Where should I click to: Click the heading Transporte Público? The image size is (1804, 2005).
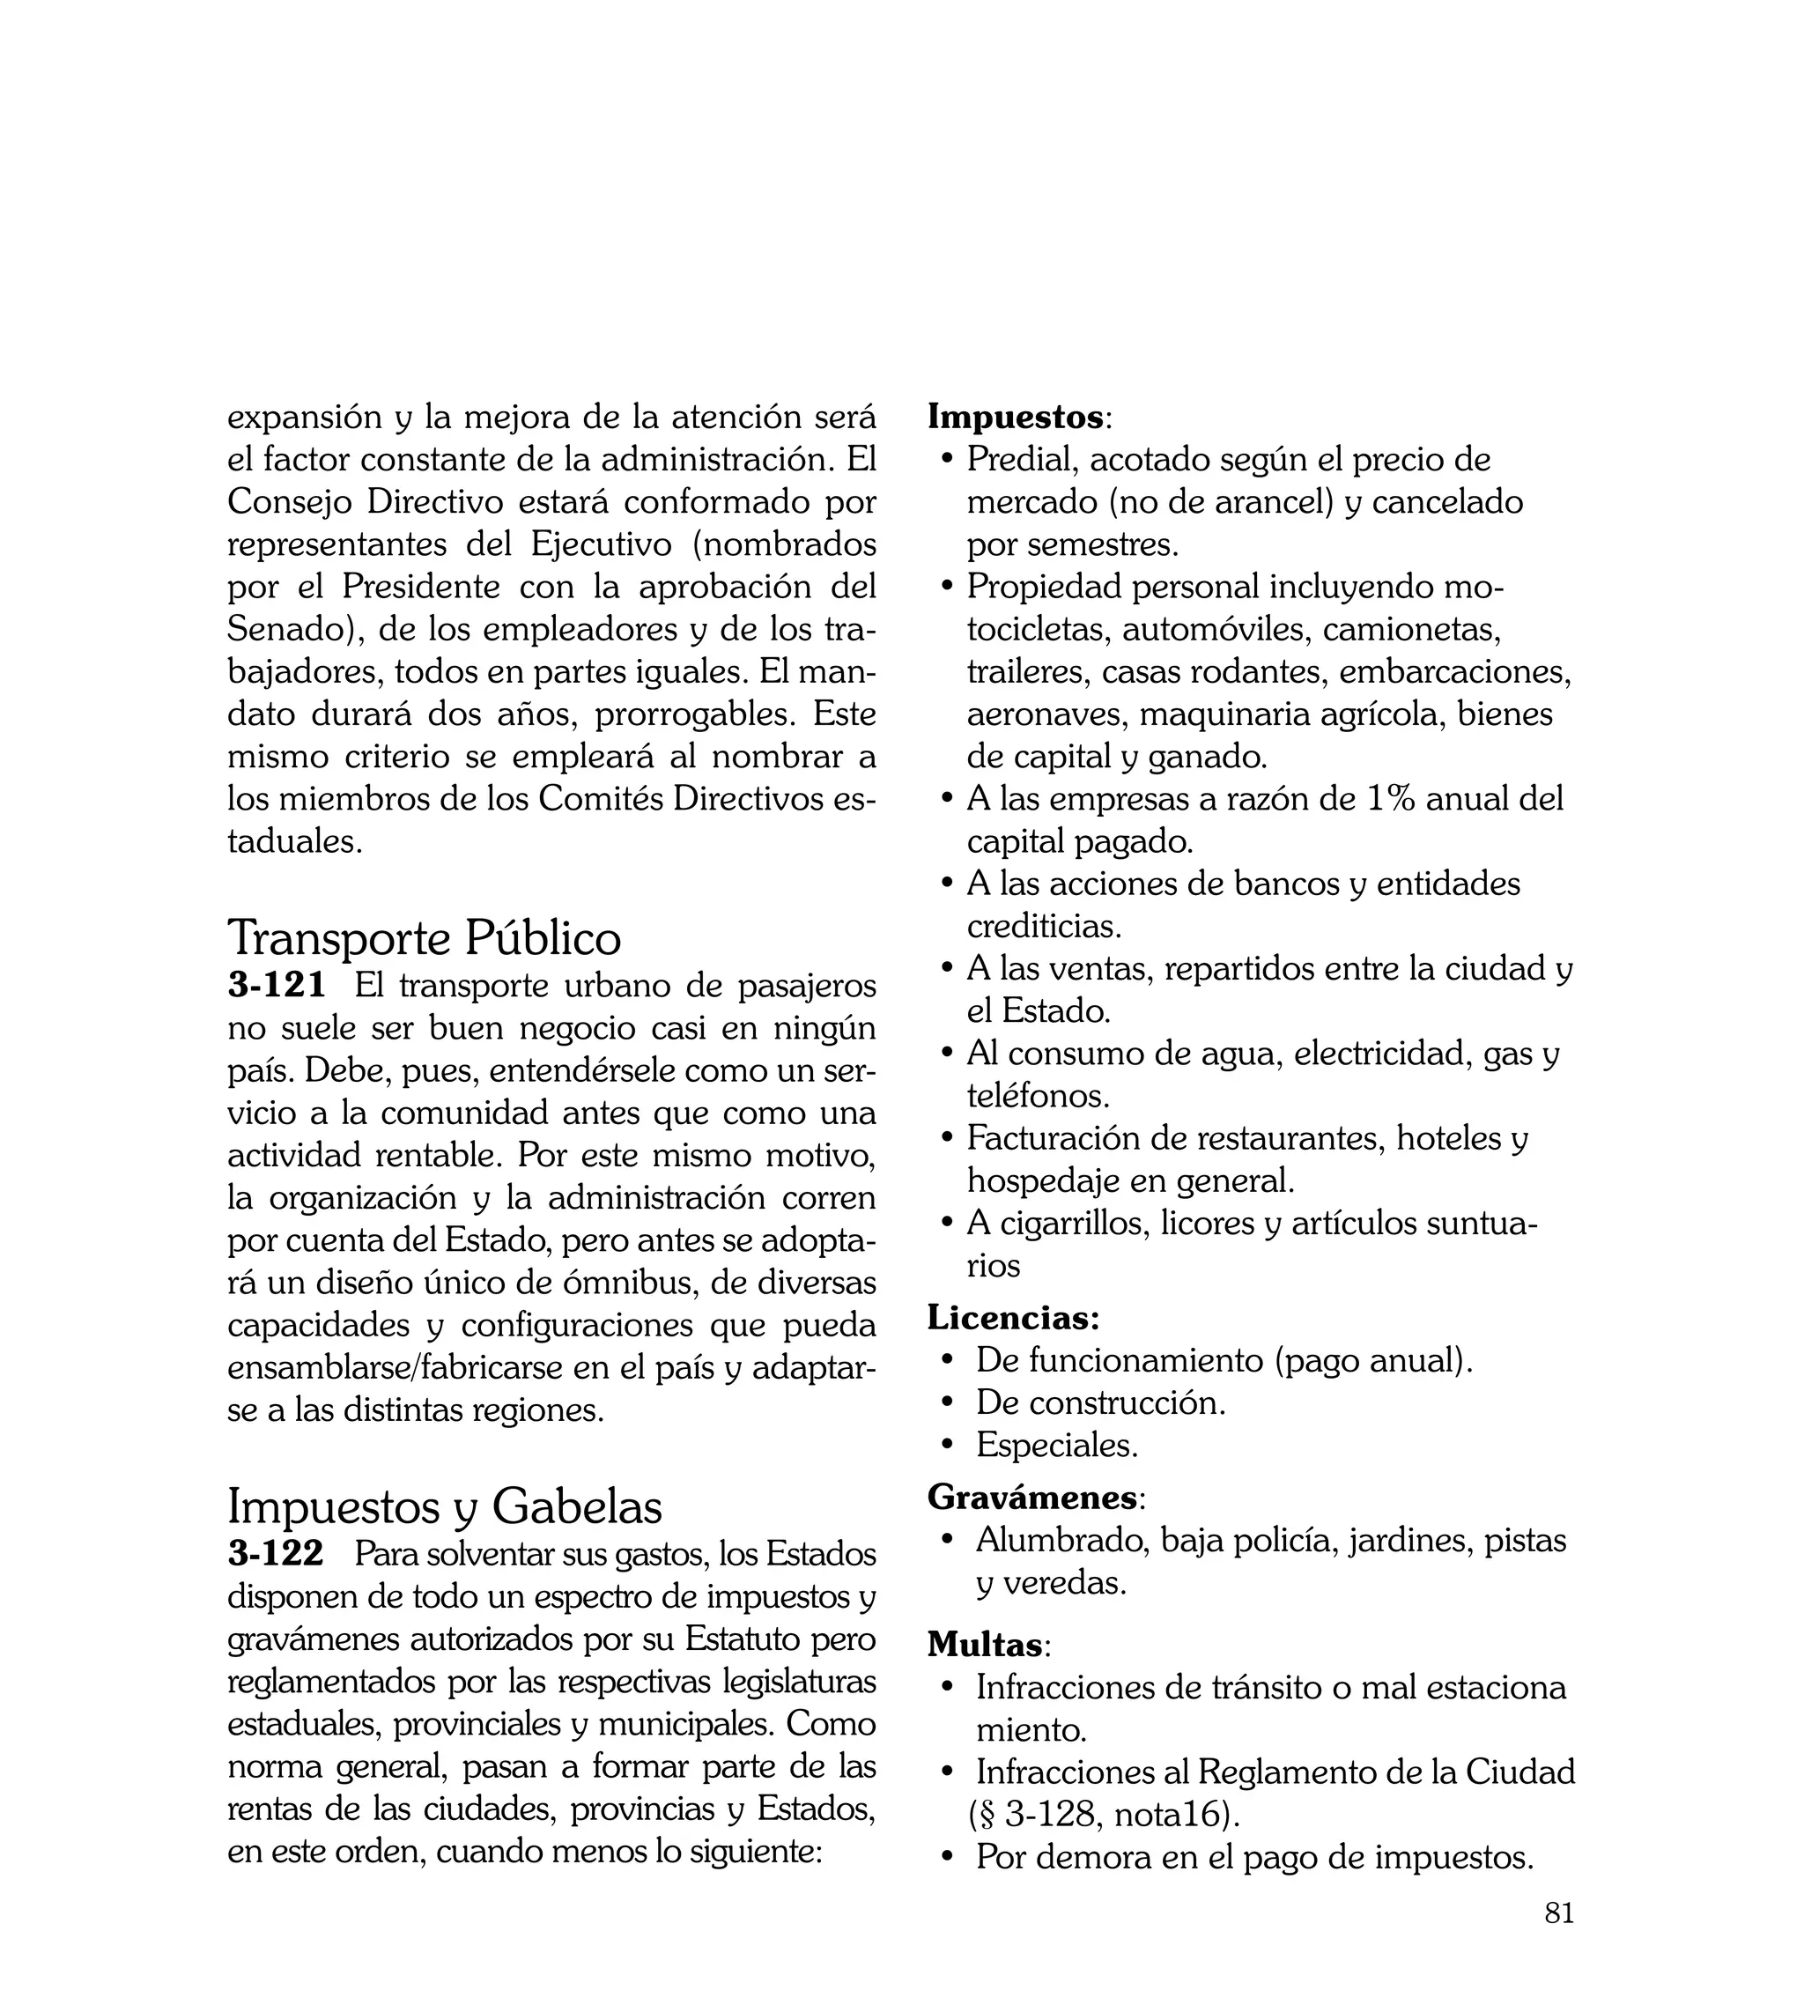tap(425, 937)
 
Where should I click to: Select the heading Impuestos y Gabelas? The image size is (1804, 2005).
tap(445, 1506)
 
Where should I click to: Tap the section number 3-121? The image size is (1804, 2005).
tap(277, 985)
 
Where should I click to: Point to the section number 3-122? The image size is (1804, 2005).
tap(276, 1554)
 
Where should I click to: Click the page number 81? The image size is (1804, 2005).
tap(1559, 1941)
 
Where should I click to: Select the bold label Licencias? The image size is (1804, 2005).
tap(1013, 1317)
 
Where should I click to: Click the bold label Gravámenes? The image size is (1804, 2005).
tap(1031, 1497)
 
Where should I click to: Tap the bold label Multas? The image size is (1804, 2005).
tap(986, 1644)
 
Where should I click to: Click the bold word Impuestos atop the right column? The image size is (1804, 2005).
tap(1015, 418)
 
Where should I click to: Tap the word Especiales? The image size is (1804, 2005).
tap(1057, 1445)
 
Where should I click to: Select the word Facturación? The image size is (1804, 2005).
tap(1053, 1138)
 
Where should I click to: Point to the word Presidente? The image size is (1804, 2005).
tap(421, 587)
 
